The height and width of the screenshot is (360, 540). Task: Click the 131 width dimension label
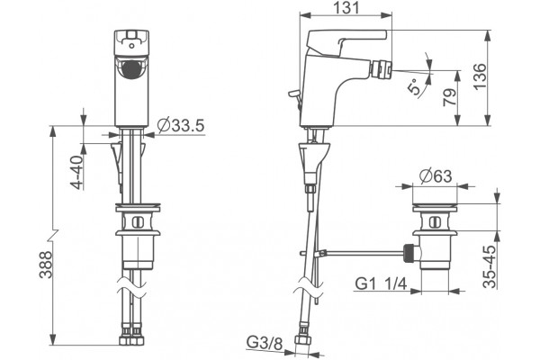click(x=346, y=7)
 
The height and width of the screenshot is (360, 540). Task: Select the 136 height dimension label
click(x=480, y=76)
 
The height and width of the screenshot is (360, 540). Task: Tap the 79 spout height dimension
click(x=449, y=97)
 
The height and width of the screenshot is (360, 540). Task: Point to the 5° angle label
click(x=414, y=85)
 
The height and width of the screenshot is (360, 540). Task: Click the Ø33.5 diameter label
click(x=181, y=125)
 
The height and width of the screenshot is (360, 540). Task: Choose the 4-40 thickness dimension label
click(x=76, y=172)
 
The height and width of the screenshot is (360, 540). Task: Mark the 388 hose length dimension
click(x=45, y=265)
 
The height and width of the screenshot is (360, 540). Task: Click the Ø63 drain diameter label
click(x=436, y=176)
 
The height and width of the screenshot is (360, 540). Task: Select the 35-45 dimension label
click(x=490, y=266)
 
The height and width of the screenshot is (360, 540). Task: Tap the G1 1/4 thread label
click(x=381, y=283)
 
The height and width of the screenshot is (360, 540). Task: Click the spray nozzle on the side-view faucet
click(x=381, y=70)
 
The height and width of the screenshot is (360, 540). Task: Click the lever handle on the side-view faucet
click(x=346, y=41)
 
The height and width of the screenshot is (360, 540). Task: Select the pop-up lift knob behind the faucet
click(x=293, y=94)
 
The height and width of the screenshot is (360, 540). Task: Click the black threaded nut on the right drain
click(x=409, y=253)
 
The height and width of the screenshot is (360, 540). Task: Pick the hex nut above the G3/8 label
click(x=303, y=338)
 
